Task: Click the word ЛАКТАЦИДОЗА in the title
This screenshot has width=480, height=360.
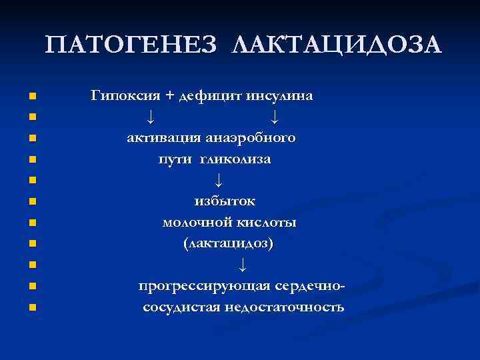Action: (x=336, y=46)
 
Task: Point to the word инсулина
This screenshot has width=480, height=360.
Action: (x=280, y=96)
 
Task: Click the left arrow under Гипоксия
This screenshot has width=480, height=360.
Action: (x=151, y=118)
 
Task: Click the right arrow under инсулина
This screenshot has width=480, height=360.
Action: (x=275, y=118)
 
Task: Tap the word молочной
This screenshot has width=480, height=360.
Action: (x=193, y=223)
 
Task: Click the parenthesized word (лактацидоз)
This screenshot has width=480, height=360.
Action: (x=228, y=243)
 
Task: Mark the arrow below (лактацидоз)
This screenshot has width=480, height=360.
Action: (x=242, y=265)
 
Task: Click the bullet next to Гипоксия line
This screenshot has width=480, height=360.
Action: (x=31, y=97)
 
